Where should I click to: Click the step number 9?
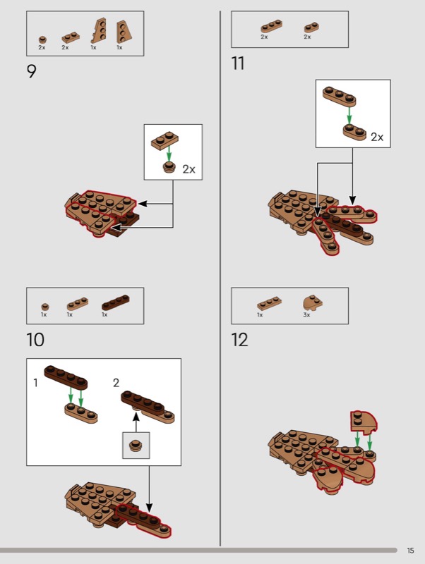click(31, 71)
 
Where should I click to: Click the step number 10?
click(35, 340)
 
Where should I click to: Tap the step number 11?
click(238, 63)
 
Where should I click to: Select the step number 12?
click(239, 340)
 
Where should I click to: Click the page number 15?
click(410, 551)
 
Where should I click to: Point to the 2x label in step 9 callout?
click(188, 169)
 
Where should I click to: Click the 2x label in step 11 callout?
click(377, 137)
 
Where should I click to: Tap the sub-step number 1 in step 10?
click(35, 383)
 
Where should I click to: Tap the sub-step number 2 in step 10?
click(116, 383)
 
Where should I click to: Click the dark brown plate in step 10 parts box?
click(115, 302)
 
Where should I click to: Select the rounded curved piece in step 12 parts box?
click(312, 303)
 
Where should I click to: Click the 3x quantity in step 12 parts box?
click(306, 314)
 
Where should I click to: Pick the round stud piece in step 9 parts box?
click(42, 39)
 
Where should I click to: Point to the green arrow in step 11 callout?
click(349, 115)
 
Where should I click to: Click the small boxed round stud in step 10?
click(136, 446)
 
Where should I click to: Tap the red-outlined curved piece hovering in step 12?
click(363, 422)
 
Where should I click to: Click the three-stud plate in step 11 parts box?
click(272, 26)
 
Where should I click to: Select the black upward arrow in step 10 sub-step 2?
click(136, 422)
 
